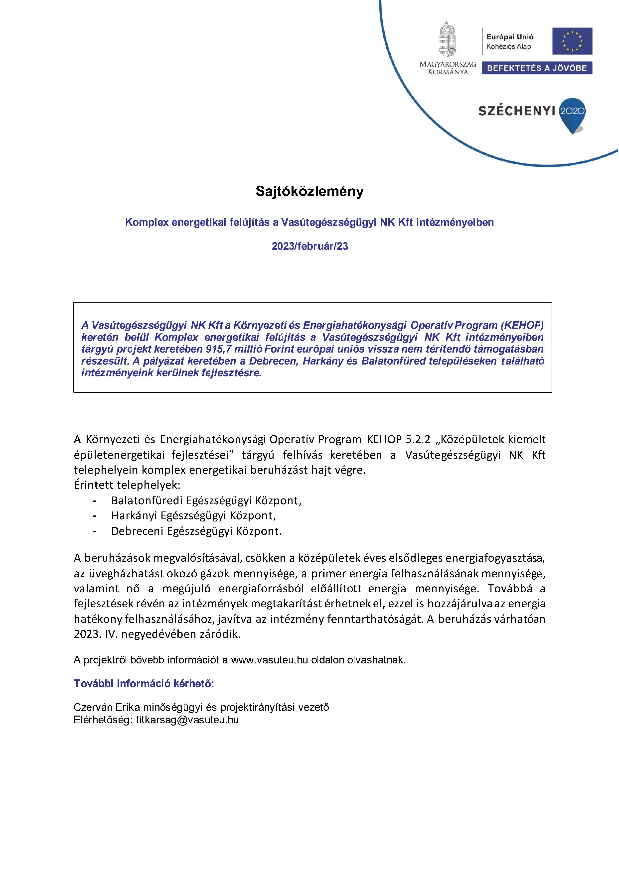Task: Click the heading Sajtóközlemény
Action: [x=309, y=191]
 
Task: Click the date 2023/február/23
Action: [x=309, y=246]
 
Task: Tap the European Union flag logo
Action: [x=572, y=41]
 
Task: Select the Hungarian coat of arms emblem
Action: [x=448, y=40]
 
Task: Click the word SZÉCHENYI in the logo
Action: [x=516, y=111]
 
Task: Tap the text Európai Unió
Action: [x=510, y=37]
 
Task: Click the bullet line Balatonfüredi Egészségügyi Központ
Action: [x=206, y=500]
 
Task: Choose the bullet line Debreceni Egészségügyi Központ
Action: [x=196, y=531]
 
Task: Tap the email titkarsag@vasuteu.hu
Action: [x=187, y=720]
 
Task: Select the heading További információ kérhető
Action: [x=144, y=684]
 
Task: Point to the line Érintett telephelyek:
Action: [x=127, y=485]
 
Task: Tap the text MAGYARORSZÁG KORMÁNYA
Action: [x=448, y=68]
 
